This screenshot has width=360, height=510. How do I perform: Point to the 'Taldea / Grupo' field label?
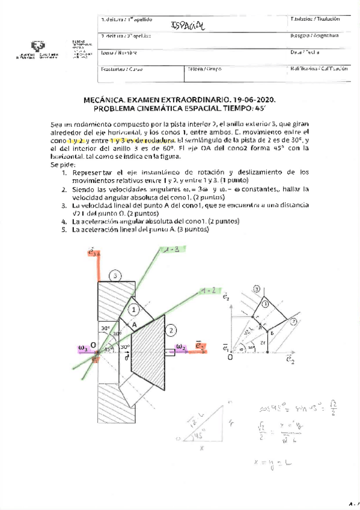(x=204, y=69)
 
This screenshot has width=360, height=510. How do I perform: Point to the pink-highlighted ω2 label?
(x=181, y=347)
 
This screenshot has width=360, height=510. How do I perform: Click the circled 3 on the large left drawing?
(x=115, y=275)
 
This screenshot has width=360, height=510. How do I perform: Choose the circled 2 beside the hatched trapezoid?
(x=171, y=329)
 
